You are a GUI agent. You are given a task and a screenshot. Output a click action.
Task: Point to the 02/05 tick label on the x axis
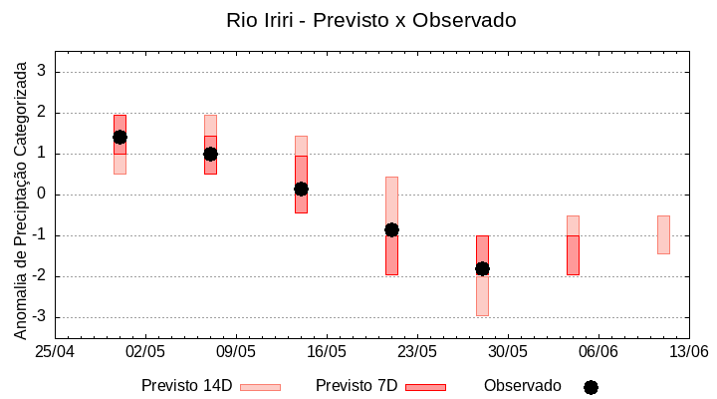(x=145, y=352)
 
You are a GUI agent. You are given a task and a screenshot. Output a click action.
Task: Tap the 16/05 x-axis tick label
(x=327, y=352)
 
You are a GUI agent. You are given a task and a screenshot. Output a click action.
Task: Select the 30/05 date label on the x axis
(x=508, y=352)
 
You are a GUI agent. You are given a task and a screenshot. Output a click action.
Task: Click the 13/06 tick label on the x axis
(x=689, y=352)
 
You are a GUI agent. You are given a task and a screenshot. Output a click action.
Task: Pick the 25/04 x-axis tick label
(x=56, y=352)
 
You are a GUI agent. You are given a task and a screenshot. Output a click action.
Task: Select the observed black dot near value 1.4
(x=119, y=137)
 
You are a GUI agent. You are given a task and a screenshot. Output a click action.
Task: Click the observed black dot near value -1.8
(x=482, y=268)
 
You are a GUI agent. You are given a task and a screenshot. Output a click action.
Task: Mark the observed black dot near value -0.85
(x=391, y=229)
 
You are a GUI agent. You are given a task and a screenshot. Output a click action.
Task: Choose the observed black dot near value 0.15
(x=301, y=189)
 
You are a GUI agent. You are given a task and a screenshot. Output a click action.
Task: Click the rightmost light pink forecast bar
(x=663, y=234)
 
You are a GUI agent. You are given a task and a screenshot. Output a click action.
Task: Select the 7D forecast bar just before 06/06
(x=573, y=254)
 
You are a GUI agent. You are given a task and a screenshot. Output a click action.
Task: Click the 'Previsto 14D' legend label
(x=186, y=386)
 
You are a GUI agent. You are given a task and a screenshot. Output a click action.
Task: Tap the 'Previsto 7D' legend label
(x=357, y=386)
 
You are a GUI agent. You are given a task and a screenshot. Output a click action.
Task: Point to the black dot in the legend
(x=591, y=387)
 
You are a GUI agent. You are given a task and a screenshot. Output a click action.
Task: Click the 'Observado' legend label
(x=523, y=386)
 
